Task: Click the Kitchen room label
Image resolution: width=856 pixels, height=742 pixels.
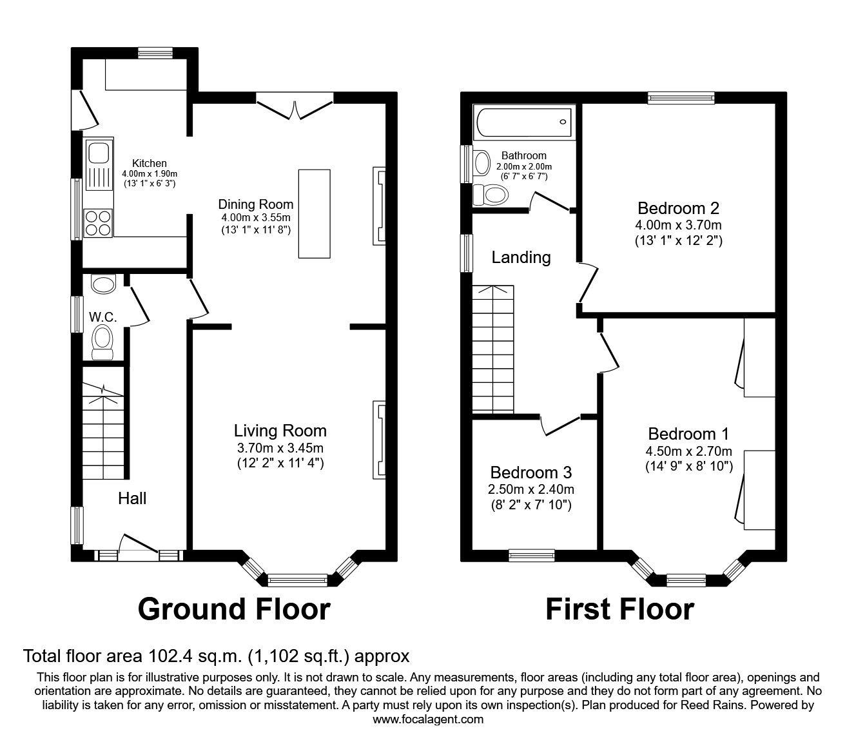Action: click(x=150, y=163)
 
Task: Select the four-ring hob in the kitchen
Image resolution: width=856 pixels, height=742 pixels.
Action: click(x=98, y=222)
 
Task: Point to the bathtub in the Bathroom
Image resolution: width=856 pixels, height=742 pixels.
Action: click(x=523, y=122)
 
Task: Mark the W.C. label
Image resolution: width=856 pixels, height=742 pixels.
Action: click(x=102, y=317)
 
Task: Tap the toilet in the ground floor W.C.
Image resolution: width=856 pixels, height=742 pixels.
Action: click(x=102, y=341)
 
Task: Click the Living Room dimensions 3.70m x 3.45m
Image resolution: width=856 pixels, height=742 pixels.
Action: click(x=280, y=447)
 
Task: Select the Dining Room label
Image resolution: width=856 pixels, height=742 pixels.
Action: click(x=255, y=204)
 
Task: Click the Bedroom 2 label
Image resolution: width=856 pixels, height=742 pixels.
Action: click(x=678, y=208)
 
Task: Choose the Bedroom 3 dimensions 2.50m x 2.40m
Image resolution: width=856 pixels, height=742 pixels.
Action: click(x=531, y=489)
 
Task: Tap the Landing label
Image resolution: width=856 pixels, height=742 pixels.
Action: click(x=521, y=257)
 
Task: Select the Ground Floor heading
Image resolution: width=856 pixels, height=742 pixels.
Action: click(x=234, y=609)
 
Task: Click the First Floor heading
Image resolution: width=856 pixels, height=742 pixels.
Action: click(x=619, y=609)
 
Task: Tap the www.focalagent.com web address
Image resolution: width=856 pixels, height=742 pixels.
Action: click(x=428, y=719)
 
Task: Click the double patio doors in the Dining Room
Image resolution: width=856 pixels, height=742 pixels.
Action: click(x=295, y=106)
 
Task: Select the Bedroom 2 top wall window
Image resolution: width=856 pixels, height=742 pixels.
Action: click(x=681, y=98)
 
